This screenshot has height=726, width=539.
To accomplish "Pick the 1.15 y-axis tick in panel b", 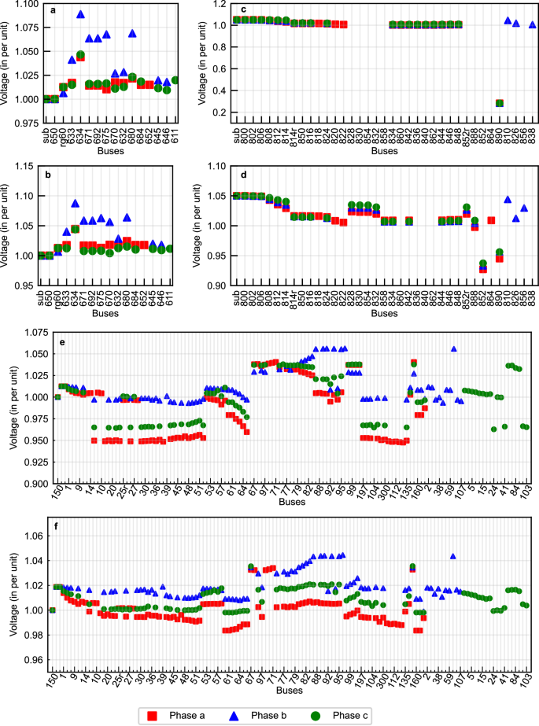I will pos(26,166).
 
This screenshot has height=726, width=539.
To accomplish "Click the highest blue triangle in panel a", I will pos(80,14).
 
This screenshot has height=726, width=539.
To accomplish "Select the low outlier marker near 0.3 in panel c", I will pos(499,103).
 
